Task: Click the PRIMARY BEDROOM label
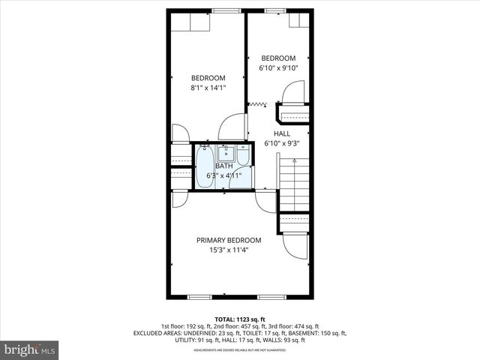click(x=229, y=240)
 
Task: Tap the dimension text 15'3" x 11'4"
click(x=229, y=250)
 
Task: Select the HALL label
click(x=281, y=133)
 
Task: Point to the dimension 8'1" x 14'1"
click(x=208, y=88)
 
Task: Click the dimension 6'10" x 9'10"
click(x=278, y=68)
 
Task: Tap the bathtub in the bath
click(x=205, y=166)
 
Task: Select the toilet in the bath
click(x=243, y=157)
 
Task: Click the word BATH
click(x=223, y=166)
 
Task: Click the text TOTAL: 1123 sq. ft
click(x=240, y=319)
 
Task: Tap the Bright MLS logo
click(x=30, y=350)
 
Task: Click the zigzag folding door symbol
click(x=259, y=103)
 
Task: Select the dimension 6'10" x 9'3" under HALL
click(x=281, y=143)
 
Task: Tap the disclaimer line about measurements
click(x=240, y=349)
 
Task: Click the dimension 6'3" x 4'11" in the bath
click(x=223, y=175)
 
